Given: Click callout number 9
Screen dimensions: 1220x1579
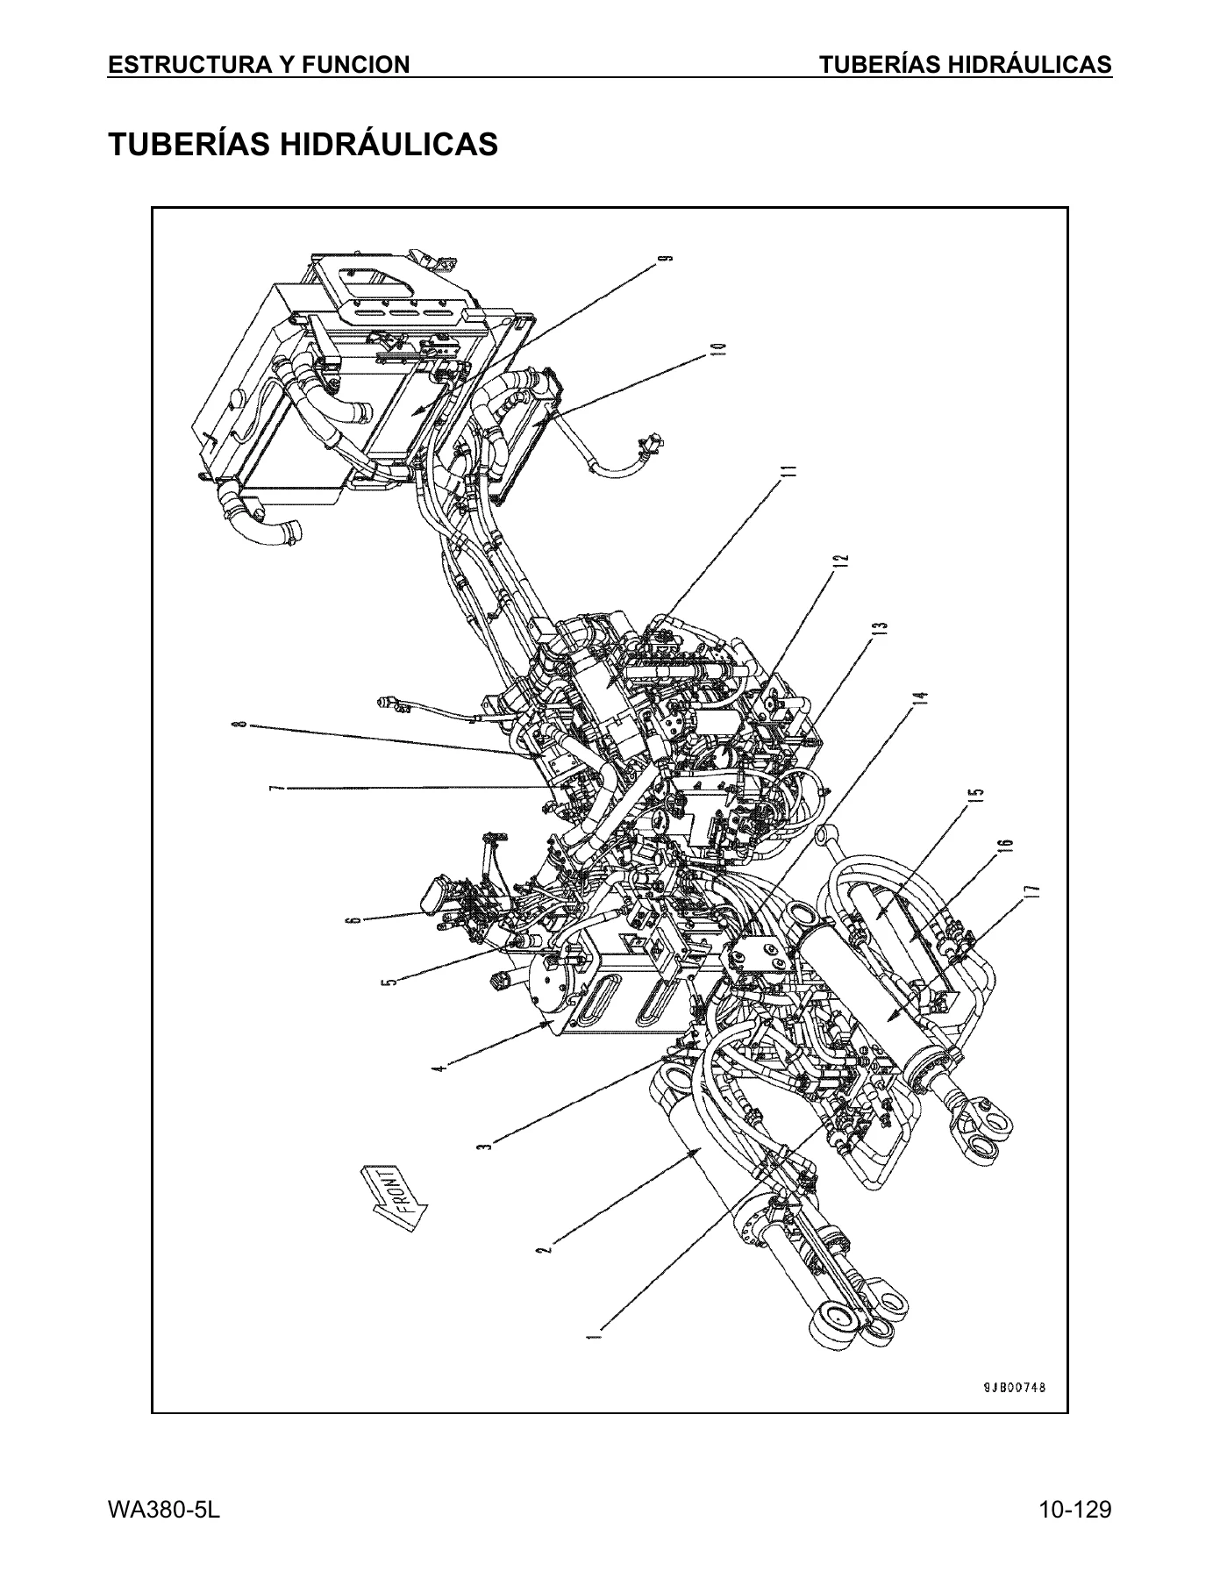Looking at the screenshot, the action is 667,258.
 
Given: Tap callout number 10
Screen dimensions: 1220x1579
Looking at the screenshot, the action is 719,348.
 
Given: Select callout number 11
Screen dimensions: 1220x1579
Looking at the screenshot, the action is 791,471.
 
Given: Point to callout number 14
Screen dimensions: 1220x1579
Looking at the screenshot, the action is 920,699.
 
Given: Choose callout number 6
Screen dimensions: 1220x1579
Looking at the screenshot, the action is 353,919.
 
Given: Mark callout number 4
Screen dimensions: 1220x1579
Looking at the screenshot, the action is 442,1067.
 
